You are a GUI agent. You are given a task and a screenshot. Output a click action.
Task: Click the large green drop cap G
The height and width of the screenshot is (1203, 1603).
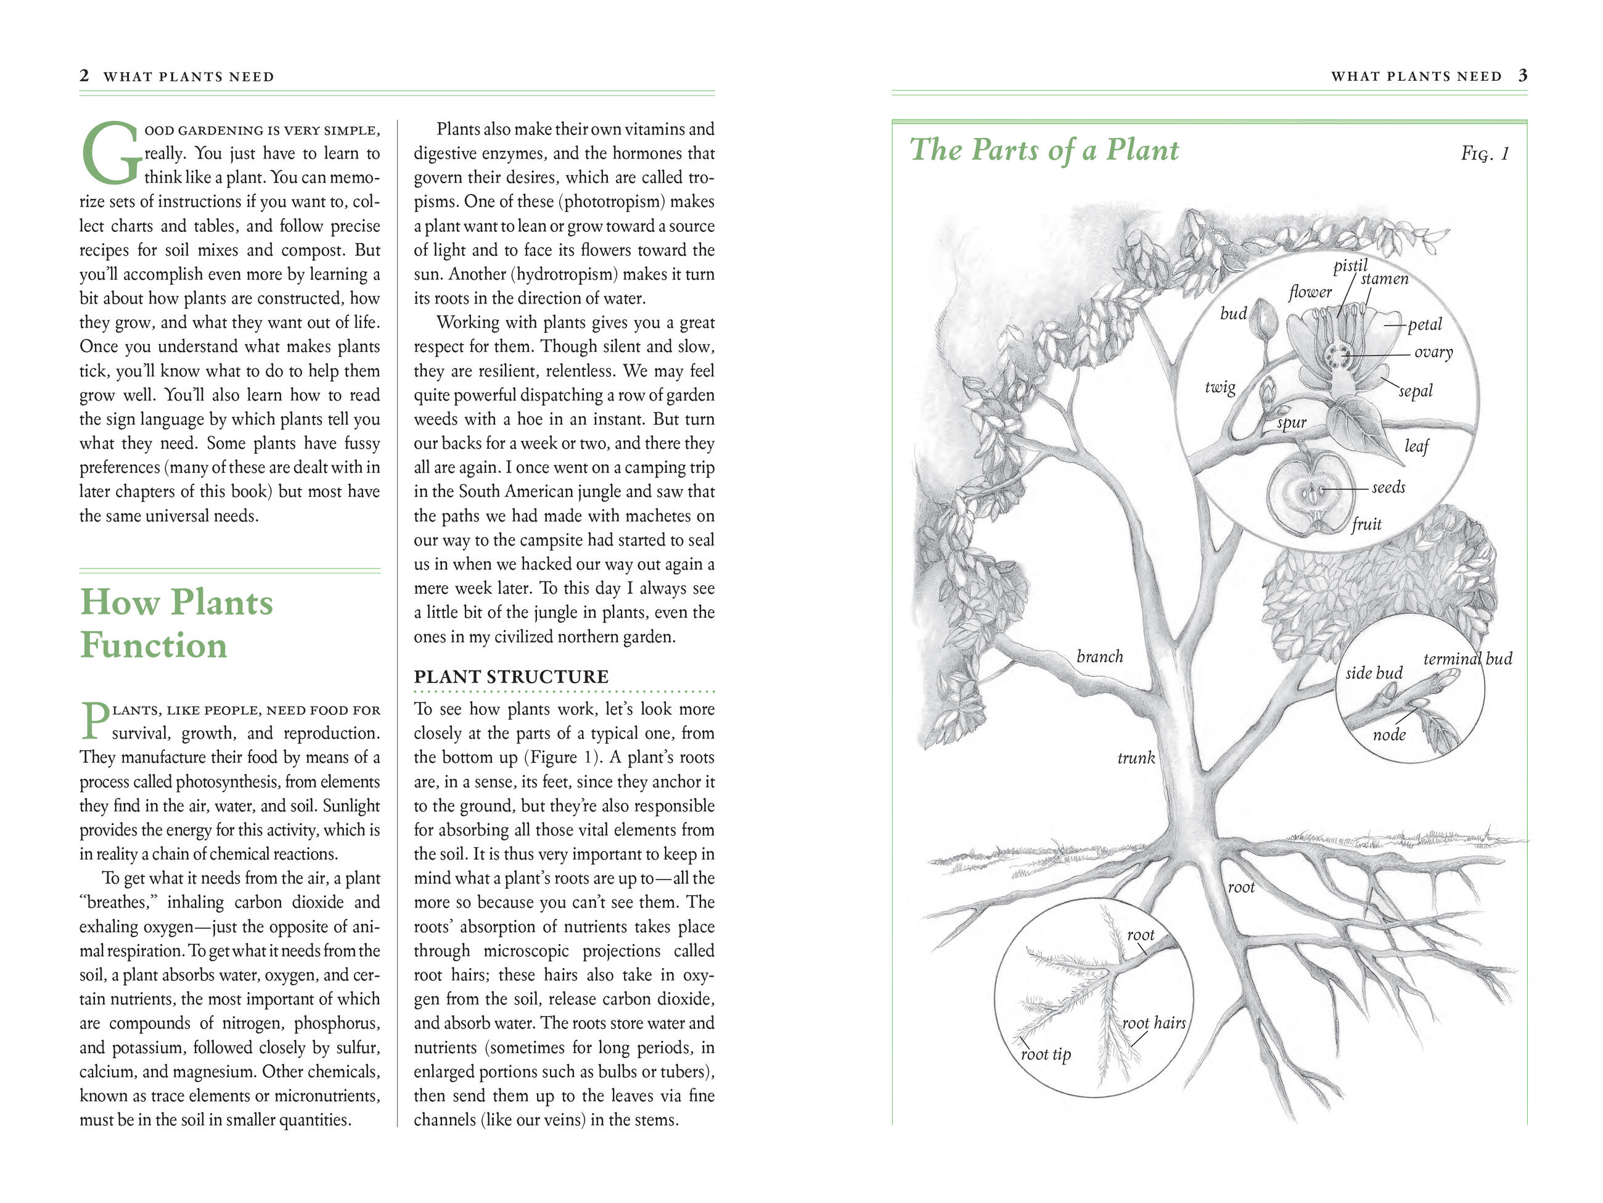click(x=110, y=154)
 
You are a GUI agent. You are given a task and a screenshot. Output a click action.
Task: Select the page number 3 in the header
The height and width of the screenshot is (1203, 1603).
click(x=1523, y=75)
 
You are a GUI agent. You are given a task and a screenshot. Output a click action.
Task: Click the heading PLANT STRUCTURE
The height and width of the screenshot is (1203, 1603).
click(x=511, y=677)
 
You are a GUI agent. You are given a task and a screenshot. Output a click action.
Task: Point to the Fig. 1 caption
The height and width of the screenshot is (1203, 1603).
click(x=1485, y=154)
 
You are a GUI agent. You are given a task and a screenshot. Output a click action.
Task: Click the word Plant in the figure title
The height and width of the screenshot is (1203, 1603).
click(x=1141, y=150)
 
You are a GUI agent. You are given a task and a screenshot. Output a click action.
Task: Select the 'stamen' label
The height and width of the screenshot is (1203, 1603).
click(x=1384, y=279)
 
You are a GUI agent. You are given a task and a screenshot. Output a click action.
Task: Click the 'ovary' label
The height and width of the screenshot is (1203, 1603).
click(x=1433, y=352)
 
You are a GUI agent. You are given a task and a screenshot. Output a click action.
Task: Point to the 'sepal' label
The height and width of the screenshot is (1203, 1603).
click(x=1416, y=392)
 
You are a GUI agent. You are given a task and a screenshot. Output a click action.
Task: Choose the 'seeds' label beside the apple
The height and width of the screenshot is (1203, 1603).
click(x=1388, y=487)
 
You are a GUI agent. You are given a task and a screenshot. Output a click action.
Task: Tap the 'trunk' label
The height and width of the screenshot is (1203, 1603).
click(x=1136, y=758)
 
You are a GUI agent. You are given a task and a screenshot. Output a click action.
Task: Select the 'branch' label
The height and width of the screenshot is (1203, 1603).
click(x=1099, y=657)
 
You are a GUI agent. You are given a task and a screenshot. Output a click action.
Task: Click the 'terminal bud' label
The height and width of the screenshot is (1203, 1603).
click(x=1467, y=659)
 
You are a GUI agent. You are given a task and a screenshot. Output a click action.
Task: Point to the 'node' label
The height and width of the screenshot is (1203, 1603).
click(x=1388, y=735)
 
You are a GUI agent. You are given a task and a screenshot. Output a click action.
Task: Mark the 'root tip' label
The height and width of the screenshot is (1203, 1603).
click(x=1046, y=1054)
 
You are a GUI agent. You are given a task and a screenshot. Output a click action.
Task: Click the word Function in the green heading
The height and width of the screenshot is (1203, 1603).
click(x=154, y=645)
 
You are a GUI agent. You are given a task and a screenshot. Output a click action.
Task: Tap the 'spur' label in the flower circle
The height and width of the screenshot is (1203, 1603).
click(x=1292, y=422)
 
